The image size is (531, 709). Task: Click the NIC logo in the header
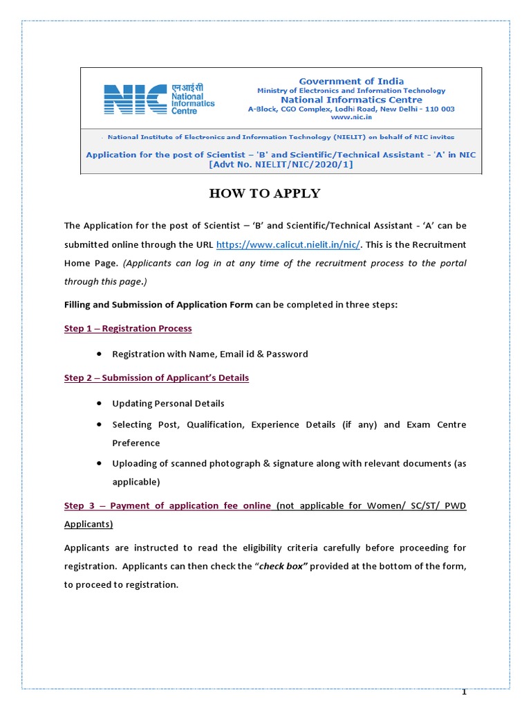[x=135, y=99]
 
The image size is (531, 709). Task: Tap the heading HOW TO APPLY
[x=265, y=193]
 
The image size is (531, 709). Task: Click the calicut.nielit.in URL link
[x=288, y=244]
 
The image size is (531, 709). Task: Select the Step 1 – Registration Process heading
[x=128, y=328]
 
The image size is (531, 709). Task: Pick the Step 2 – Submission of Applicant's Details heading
[x=156, y=378]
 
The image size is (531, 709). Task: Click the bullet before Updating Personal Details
[x=100, y=403]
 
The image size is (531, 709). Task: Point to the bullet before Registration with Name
[x=100, y=354]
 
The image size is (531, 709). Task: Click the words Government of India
[x=351, y=81]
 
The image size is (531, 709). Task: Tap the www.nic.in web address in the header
[x=351, y=118]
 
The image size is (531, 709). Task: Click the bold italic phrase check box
[x=282, y=566]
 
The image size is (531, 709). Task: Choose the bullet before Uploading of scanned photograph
[x=100, y=463]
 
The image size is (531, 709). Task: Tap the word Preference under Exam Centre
[x=136, y=443]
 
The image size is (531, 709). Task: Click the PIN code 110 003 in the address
[x=438, y=109]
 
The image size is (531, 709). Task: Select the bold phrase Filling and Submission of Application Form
[x=158, y=305]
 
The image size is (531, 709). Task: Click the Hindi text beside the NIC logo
[x=189, y=88]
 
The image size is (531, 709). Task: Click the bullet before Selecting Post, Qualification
[x=100, y=424]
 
